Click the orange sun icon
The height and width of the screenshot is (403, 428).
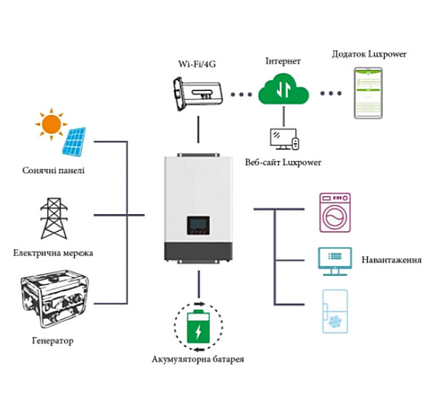pos(52,124)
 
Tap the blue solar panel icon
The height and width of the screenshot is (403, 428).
pos(74,142)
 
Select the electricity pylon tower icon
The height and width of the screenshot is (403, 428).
pos(54,219)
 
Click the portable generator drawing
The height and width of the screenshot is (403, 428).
pos(55,298)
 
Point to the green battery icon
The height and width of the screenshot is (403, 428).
pos(199,327)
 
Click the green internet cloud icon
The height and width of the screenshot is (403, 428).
pos(284,89)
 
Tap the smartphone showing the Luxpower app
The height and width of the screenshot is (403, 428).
pos(369,93)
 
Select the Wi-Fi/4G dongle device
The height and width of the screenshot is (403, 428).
pos(198,94)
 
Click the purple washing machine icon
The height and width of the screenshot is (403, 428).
pos(335,213)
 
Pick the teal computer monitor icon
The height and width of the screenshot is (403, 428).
pos(335,261)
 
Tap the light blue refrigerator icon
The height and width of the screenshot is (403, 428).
pos(335,312)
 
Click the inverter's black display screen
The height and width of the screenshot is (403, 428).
pos(199,225)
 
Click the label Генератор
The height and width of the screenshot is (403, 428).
pos(53,341)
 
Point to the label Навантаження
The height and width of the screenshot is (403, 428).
pos(392,259)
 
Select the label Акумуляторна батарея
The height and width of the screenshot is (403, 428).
pos(197,359)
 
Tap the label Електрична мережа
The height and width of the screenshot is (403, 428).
pos(53,253)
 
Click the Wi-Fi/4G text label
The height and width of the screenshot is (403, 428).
pos(197,64)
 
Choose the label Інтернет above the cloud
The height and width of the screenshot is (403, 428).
pos(283,61)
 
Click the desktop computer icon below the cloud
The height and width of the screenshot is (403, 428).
pos(284,139)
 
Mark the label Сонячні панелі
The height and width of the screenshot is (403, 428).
pos(53,171)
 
